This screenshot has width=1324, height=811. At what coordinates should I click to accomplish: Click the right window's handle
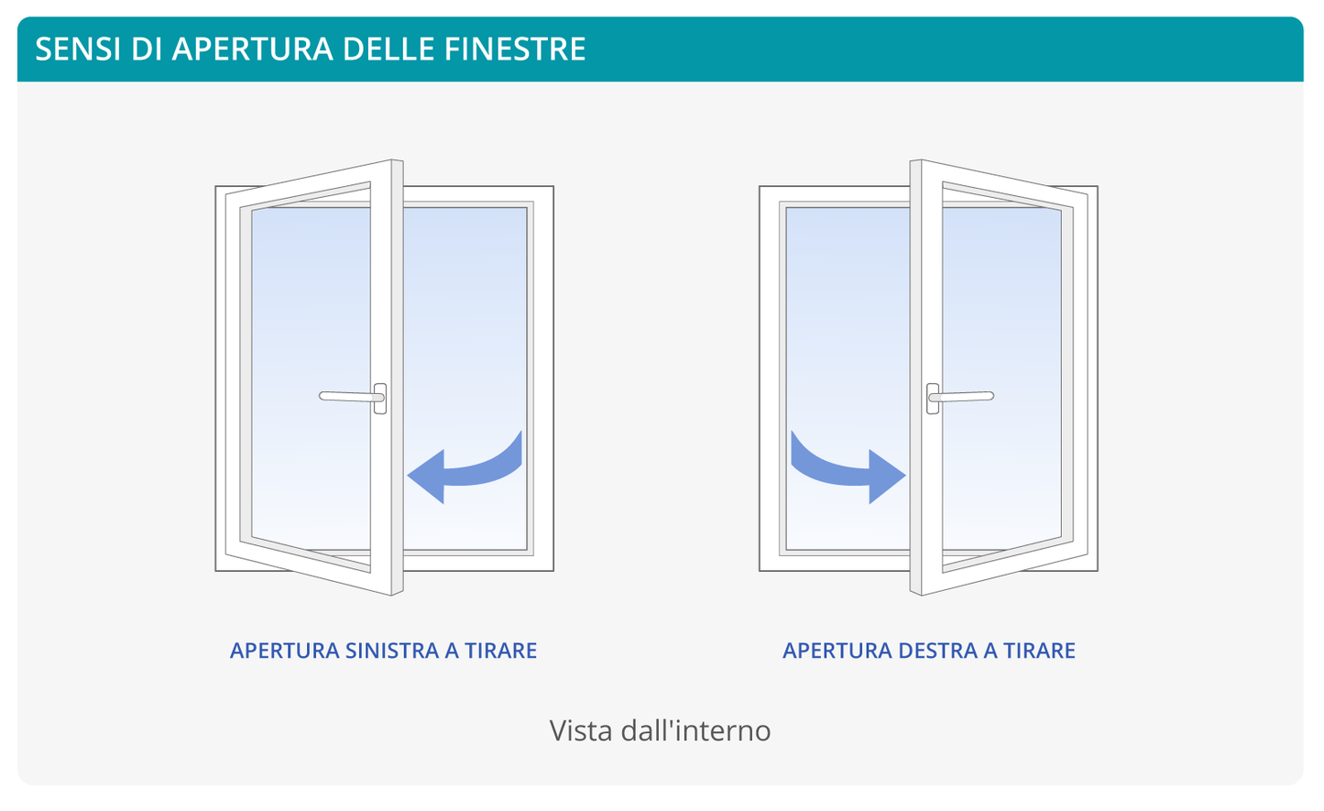(962, 397)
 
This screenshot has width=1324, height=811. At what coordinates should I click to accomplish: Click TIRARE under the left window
(500, 651)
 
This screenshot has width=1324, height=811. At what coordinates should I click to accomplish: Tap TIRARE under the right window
(1039, 651)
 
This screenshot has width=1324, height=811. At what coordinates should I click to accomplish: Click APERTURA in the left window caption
(284, 651)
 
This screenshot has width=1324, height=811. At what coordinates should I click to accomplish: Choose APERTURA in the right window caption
(837, 651)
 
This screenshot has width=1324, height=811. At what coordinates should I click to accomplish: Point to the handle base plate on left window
(380, 399)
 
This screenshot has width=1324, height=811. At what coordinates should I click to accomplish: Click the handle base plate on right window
(933, 399)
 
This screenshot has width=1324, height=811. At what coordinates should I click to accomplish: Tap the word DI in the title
(146, 49)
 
